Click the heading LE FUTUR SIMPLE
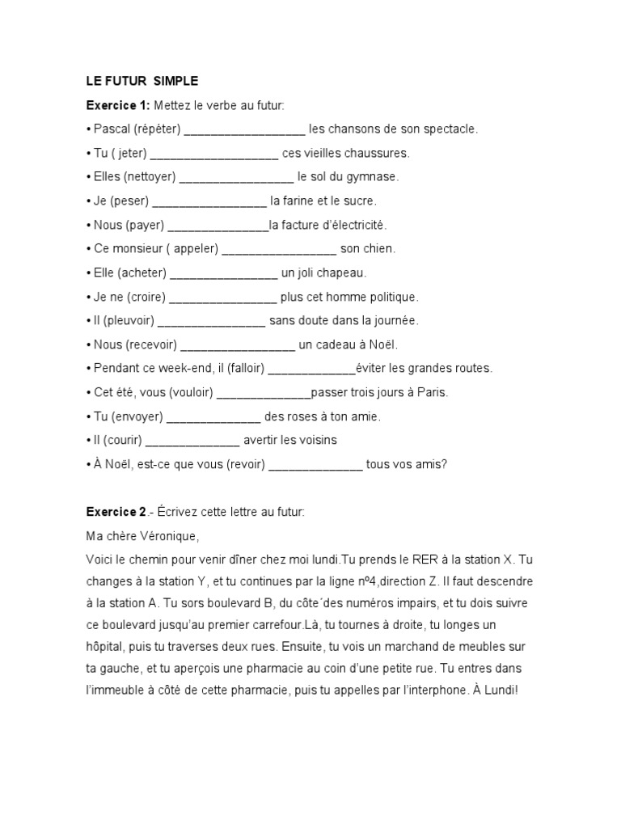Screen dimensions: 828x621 (x=142, y=81)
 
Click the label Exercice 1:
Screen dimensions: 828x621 (x=118, y=105)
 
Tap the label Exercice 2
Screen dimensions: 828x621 (x=116, y=512)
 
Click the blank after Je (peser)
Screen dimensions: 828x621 (x=209, y=201)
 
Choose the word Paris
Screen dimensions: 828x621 (x=432, y=393)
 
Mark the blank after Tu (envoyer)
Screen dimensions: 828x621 (x=213, y=416)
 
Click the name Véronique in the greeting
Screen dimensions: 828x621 (x=166, y=536)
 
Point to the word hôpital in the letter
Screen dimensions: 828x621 (x=106, y=648)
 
